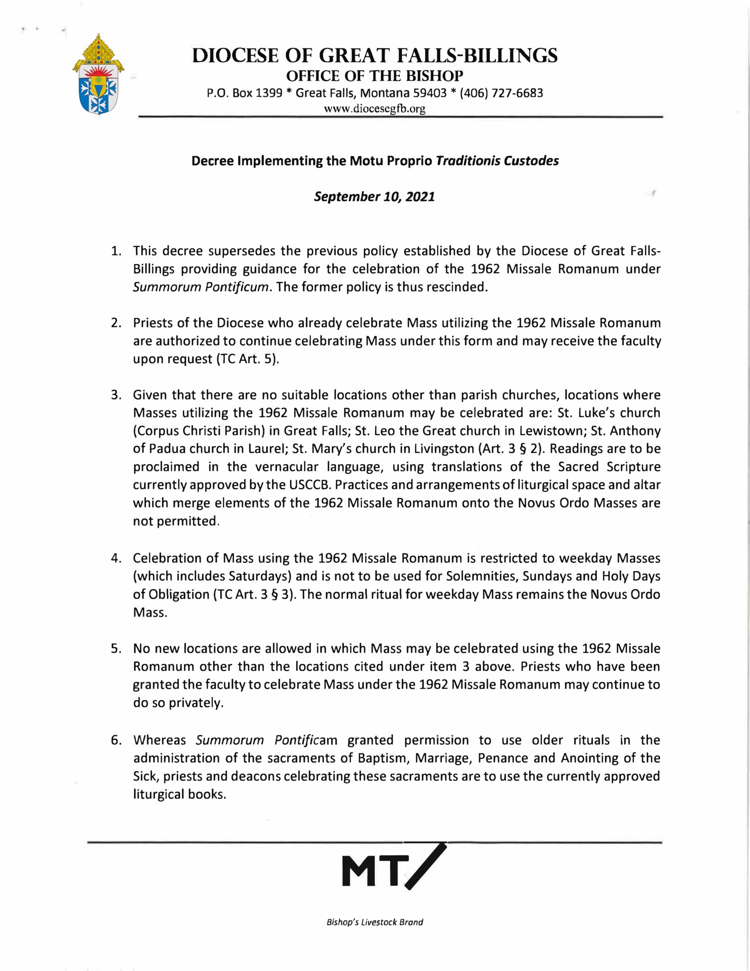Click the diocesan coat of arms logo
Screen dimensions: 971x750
99,74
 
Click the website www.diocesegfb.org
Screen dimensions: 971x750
374,109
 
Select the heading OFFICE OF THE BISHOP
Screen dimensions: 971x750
375,76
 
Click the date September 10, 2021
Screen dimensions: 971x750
374,196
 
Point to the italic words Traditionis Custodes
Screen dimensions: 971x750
497,161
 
